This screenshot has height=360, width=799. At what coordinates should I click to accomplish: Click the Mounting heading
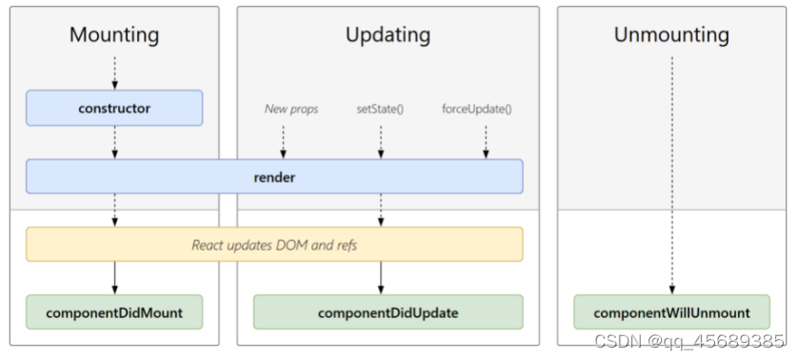coord(114,36)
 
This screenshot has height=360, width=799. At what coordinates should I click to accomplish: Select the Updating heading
coord(388,36)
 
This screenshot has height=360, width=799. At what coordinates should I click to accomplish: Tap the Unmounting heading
coord(671,36)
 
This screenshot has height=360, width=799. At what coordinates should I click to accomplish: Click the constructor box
coord(114,109)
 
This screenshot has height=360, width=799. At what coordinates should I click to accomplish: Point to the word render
coord(275,177)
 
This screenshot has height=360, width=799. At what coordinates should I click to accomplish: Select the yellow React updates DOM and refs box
coord(274,245)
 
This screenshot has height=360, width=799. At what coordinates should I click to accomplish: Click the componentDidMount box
coord(114,312)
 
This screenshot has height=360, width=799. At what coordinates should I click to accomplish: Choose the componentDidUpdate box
coord(388,312)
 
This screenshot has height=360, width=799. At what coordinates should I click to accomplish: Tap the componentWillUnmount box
coord(671,312)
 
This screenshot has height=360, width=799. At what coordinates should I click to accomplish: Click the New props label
coord(291,110)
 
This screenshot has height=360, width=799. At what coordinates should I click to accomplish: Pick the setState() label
coord(380,110)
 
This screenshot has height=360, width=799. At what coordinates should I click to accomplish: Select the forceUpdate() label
coord(477,110)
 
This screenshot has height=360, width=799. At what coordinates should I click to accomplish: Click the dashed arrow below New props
coord(283,141)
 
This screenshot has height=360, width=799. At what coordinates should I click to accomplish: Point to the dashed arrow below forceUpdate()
coord(486,141)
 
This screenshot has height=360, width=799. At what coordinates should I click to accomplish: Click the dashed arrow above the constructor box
coord(114,72)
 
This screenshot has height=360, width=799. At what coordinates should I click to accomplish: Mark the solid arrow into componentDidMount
coord(114,278)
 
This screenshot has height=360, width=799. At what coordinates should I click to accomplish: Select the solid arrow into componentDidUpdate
coord(381,278)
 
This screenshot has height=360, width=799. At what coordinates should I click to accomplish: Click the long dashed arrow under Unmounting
coord(671,171)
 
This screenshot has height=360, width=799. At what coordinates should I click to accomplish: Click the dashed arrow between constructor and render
coord(114,142)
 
